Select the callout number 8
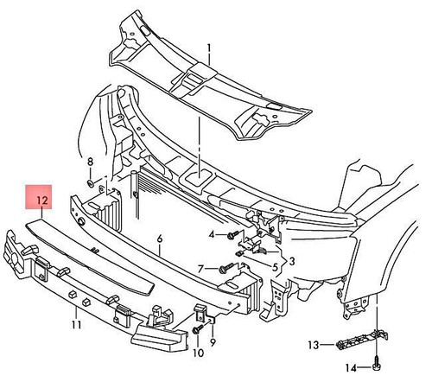[x=90, y=162]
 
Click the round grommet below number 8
[x=90, y=183]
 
